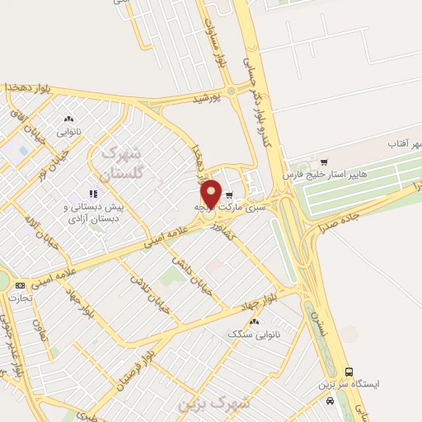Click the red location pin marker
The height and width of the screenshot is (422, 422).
(x=211, y=193)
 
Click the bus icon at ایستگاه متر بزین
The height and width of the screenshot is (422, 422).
(x=349, y=371)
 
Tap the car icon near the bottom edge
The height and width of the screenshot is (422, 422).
(x=331, y=401)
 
